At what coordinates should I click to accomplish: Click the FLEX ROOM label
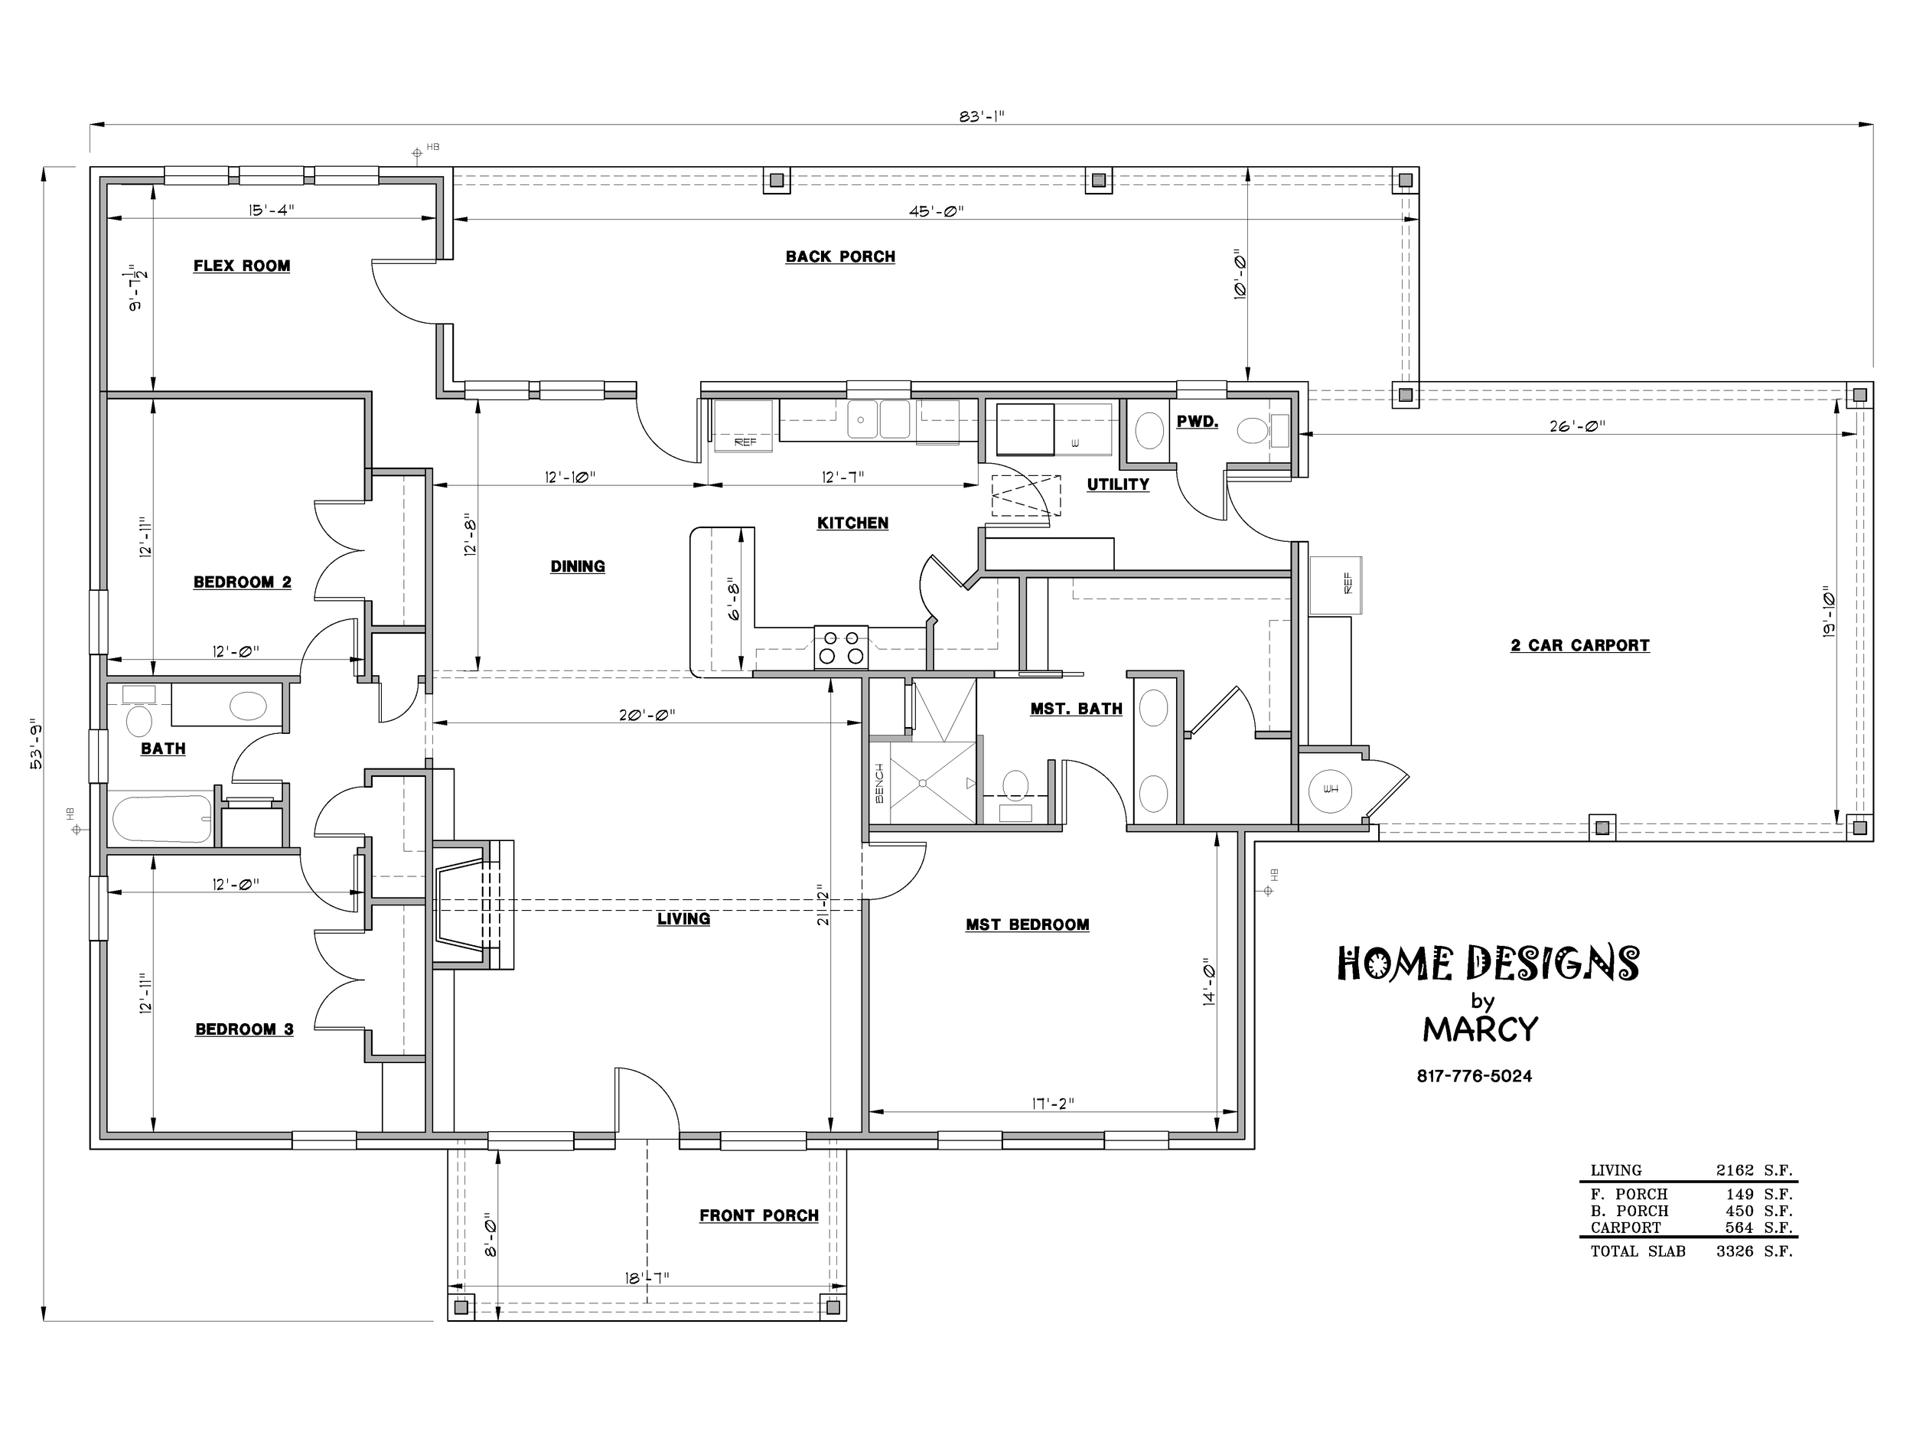click(x=241, y=266)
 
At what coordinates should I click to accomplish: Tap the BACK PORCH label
click(x=839, y=257)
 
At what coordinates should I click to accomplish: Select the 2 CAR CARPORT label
click(x=1580, y=645)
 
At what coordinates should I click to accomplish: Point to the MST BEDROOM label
click(x=1028, y=925)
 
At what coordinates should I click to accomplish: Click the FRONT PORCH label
click(x=758, y=1215)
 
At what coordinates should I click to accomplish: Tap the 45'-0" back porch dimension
click(x=936, y=211)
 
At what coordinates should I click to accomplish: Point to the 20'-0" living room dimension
click(x=647, y=716)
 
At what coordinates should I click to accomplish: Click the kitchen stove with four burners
click(x=841, y=647)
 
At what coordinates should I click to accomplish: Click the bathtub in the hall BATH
click(x=161, y=819)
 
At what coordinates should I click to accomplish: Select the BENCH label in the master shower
click(x=879, y=783)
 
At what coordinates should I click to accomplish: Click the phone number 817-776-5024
click(x=1475, y=1076)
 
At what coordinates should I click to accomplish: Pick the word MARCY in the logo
click(x=1481, y=1029)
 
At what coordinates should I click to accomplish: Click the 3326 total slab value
click(x=1735, y=1251)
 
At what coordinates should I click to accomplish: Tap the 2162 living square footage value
click(x=1735, y=1170)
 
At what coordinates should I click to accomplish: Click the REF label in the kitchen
click(x=745, y=442)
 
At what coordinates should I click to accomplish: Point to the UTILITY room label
click(x=1118, y=485)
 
